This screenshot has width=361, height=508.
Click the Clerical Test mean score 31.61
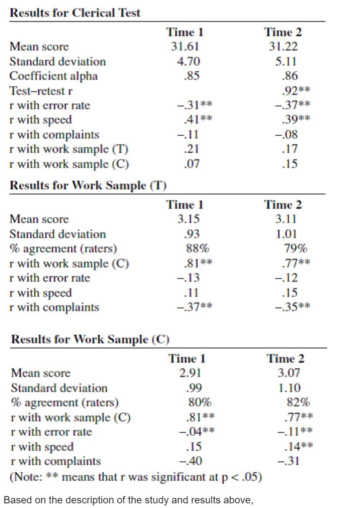(x=185, y=47)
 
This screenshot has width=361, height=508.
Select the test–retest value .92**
(x=296, y=91)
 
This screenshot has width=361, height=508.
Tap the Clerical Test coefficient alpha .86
(x=290, y=76)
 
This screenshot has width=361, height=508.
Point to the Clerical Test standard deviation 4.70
(x=189, y=61)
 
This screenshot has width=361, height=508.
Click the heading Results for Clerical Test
(x=75, y=13)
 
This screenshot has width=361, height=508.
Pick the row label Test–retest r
(x=41, y=91)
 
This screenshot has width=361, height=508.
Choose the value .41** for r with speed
(x=198, y=119)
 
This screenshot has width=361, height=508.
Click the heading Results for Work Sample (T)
(x=88, y=185)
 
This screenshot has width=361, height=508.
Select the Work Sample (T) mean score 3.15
(x=189, y=219)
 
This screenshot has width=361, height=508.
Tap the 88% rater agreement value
(x=198, y=248)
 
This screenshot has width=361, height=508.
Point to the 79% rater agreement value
(x=296, y=248)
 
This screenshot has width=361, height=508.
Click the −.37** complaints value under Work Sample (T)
(x=195, y=307)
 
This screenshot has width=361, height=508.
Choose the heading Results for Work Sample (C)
(x=90, y=339)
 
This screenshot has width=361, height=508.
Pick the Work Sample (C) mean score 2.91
(x=190, y=373)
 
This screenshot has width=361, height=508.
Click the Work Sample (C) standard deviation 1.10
(x=289, y=388)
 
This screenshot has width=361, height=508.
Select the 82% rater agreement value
(x=298, y=402)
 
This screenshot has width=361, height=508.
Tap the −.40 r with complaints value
(x=190, y=461)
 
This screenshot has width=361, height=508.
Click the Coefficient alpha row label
(x=53, y=76)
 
